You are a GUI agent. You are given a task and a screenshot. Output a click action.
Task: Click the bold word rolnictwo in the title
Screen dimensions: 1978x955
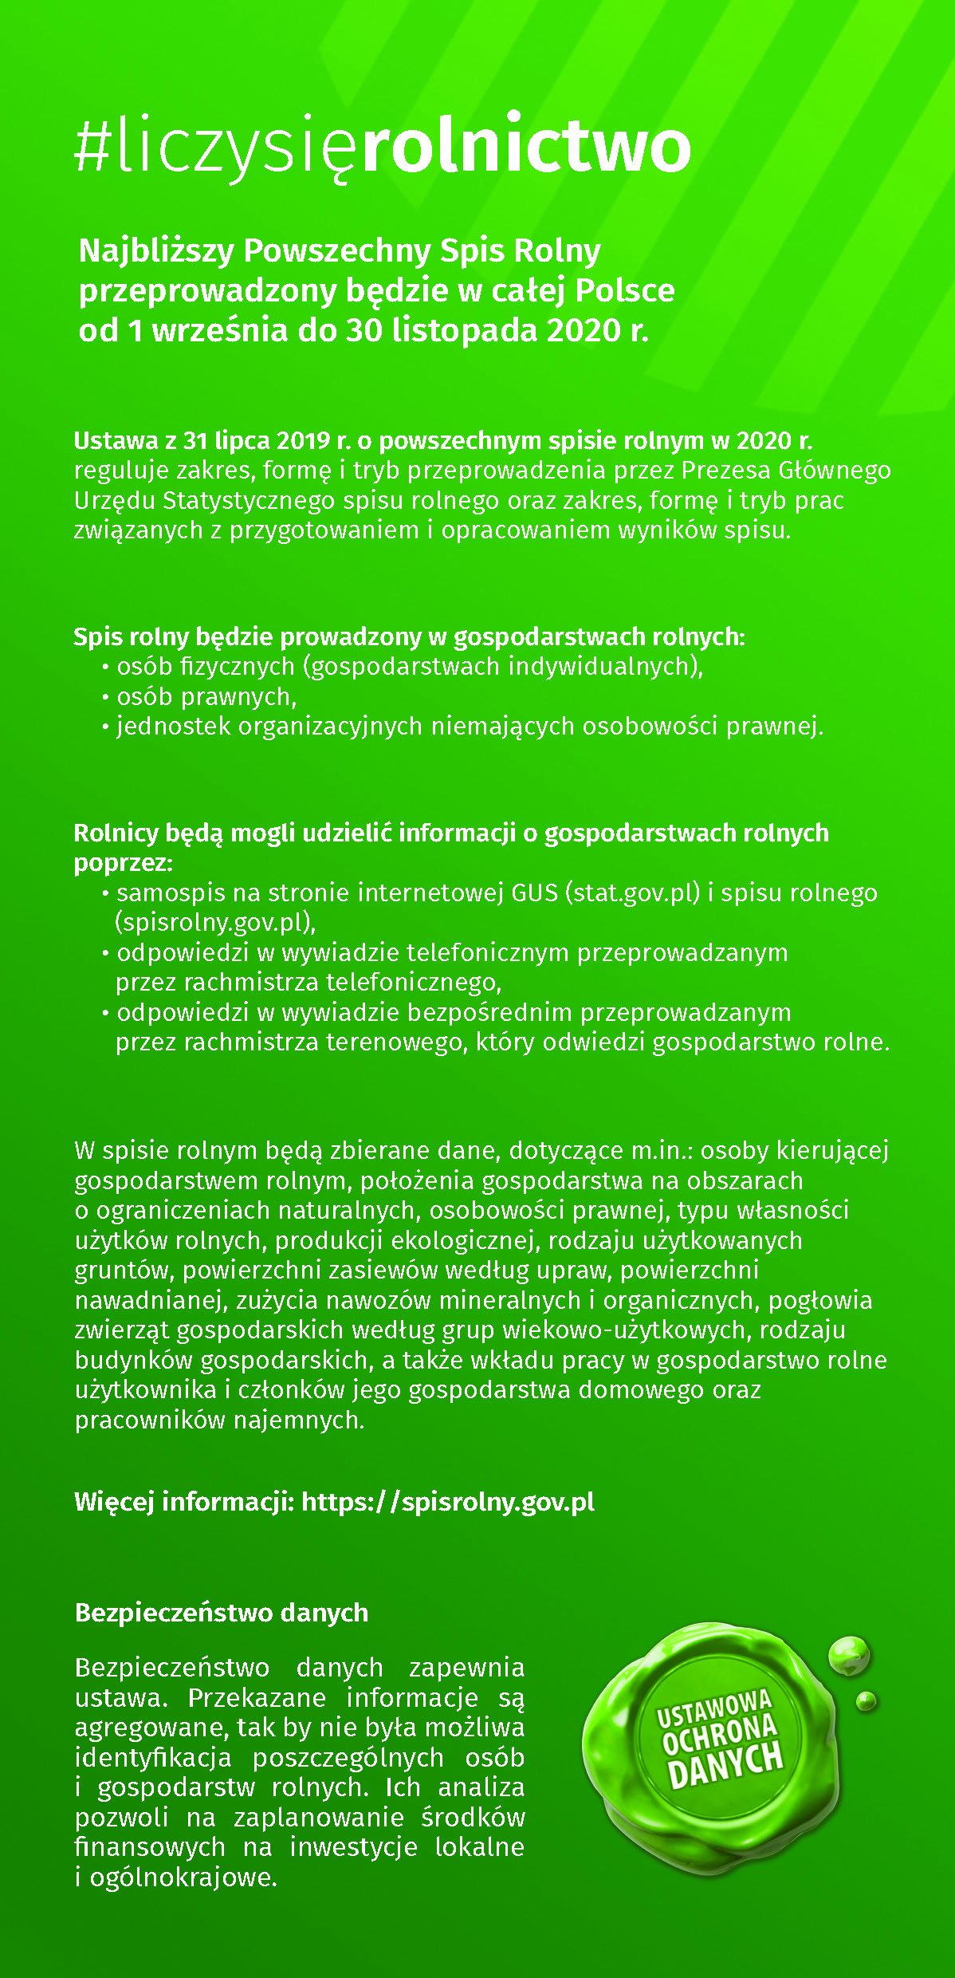(526, 147)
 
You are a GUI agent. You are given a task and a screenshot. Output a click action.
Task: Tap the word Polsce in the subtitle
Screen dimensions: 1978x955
(625, 291)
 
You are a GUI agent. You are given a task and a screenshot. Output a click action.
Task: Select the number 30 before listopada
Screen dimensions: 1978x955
(364, 330)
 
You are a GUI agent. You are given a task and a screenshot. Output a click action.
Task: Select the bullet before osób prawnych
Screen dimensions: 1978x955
(105, 698)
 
